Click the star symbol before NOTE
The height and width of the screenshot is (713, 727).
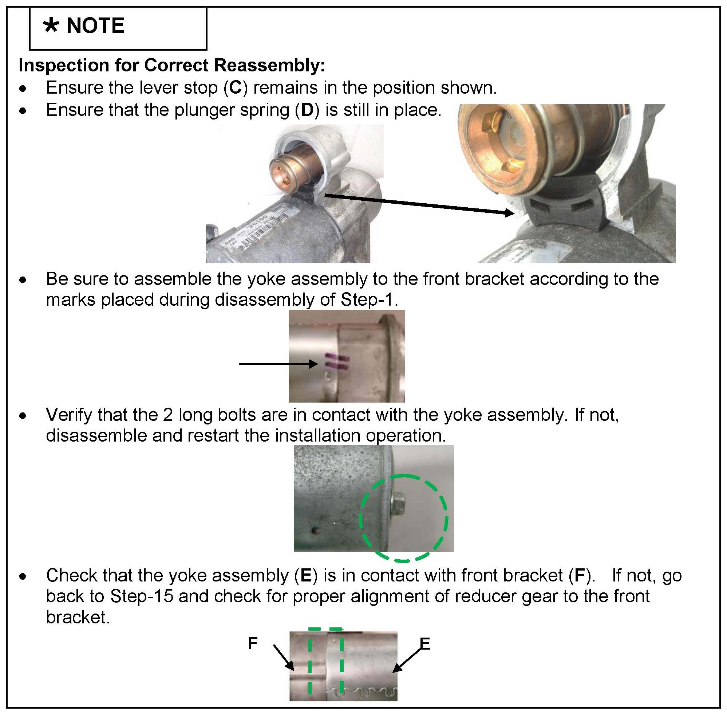51,26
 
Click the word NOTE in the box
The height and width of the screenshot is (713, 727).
95,26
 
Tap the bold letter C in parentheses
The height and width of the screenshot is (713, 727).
235,88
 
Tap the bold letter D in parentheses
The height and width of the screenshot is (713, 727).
307,110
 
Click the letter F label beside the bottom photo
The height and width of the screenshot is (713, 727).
253,643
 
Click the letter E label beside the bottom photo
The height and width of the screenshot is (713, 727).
425,644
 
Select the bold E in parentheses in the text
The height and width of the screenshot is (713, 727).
306,576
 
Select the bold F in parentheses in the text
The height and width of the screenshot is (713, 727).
580,576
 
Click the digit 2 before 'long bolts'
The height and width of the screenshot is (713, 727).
167,415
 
